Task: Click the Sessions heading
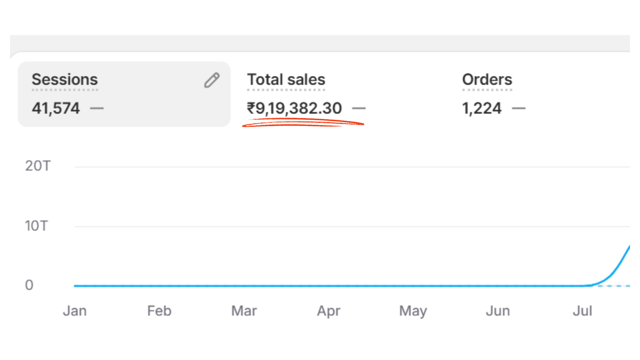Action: [65, 80]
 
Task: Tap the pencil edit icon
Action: [212, 80]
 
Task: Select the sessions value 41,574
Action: [56, 108]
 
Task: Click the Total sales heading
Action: [286, 80]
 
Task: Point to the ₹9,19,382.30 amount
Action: [294, 108]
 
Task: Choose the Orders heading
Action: [487, 80]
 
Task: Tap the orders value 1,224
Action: [482, 108]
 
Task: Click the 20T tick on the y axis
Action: [38, 166]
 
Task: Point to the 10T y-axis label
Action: [36, 226]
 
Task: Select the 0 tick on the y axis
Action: [29, 285]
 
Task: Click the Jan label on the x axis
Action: [75, 311]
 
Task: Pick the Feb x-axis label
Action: [159, 311]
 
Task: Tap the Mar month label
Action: [244, 311]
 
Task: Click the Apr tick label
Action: [329, 311]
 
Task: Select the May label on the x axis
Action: [413, 311]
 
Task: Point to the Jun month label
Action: [498, 311]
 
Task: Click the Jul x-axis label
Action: [582, 311]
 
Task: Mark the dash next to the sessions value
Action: [97, 108]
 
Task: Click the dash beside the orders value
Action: [519, 108]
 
